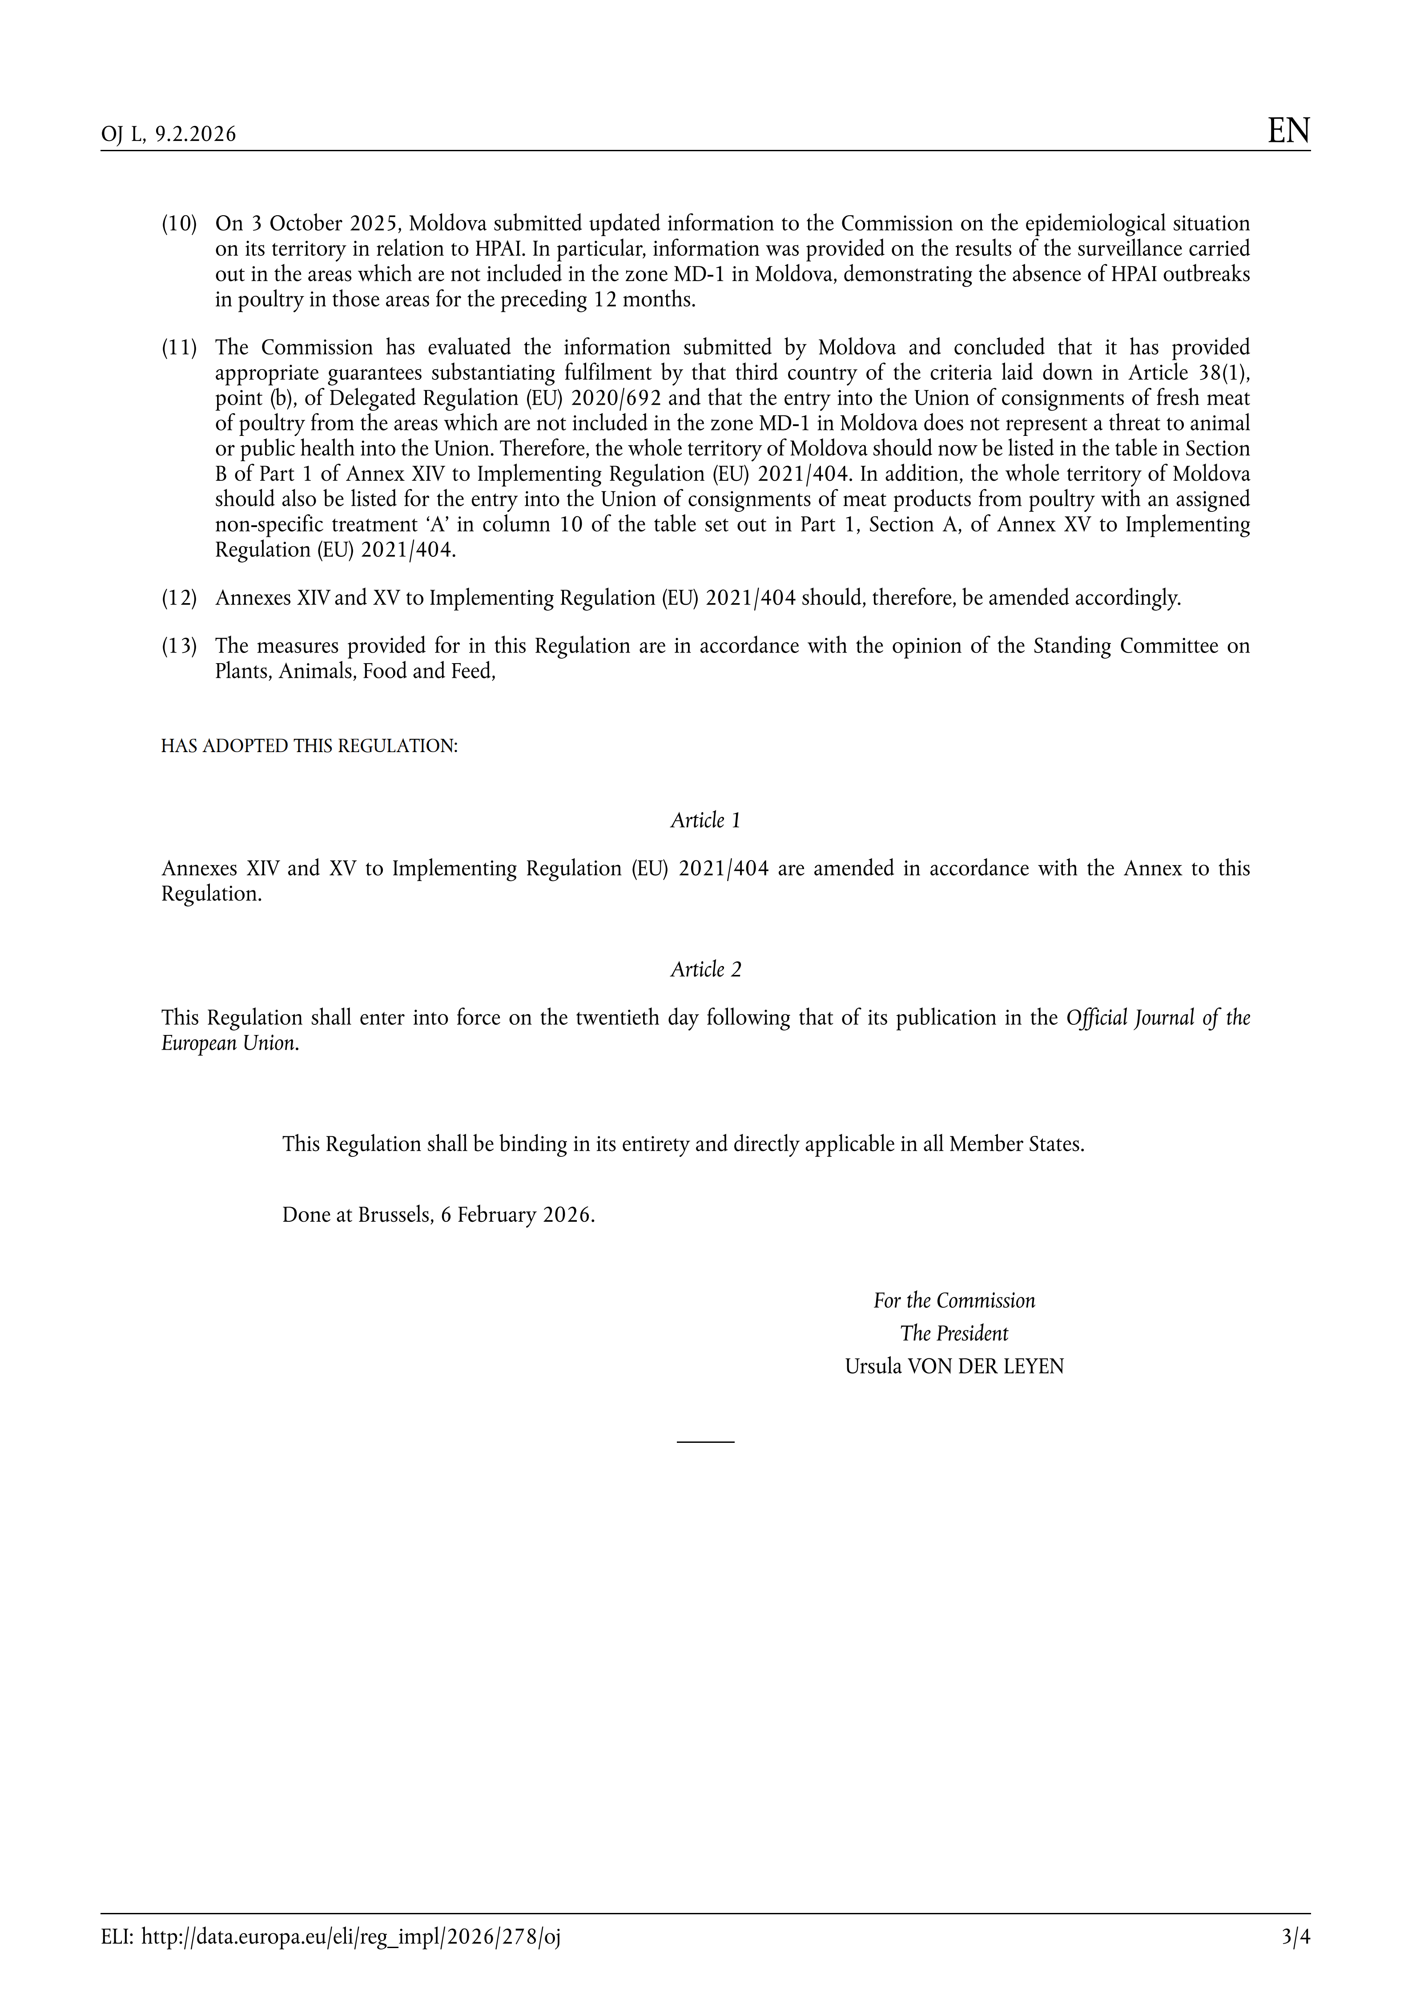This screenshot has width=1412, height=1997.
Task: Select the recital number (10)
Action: pos(179,224)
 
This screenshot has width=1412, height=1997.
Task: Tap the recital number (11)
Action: pos(179,348)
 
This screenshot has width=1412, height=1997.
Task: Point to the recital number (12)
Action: pos(179,598)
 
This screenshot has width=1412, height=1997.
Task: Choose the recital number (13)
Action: pos(179,646)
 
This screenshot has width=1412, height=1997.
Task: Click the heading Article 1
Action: pos(705,820)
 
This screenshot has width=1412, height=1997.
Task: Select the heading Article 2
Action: pos(705,970)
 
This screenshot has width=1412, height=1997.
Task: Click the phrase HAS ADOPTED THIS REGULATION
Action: pos(309,746)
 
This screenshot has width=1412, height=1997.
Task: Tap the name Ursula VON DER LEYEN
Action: pos(954,1366)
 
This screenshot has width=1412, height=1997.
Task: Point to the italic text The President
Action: pos(954,1333)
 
